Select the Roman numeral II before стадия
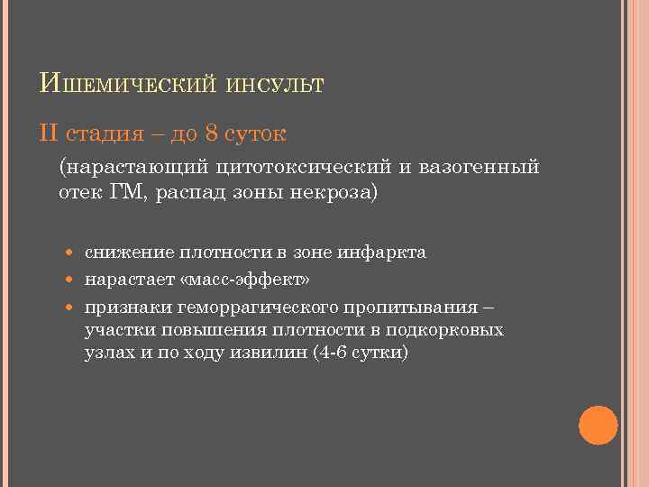(50, 134)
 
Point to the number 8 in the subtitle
(211, 134)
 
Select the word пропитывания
(424, 304)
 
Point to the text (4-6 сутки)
(359, 354)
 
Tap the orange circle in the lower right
(597, 424)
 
